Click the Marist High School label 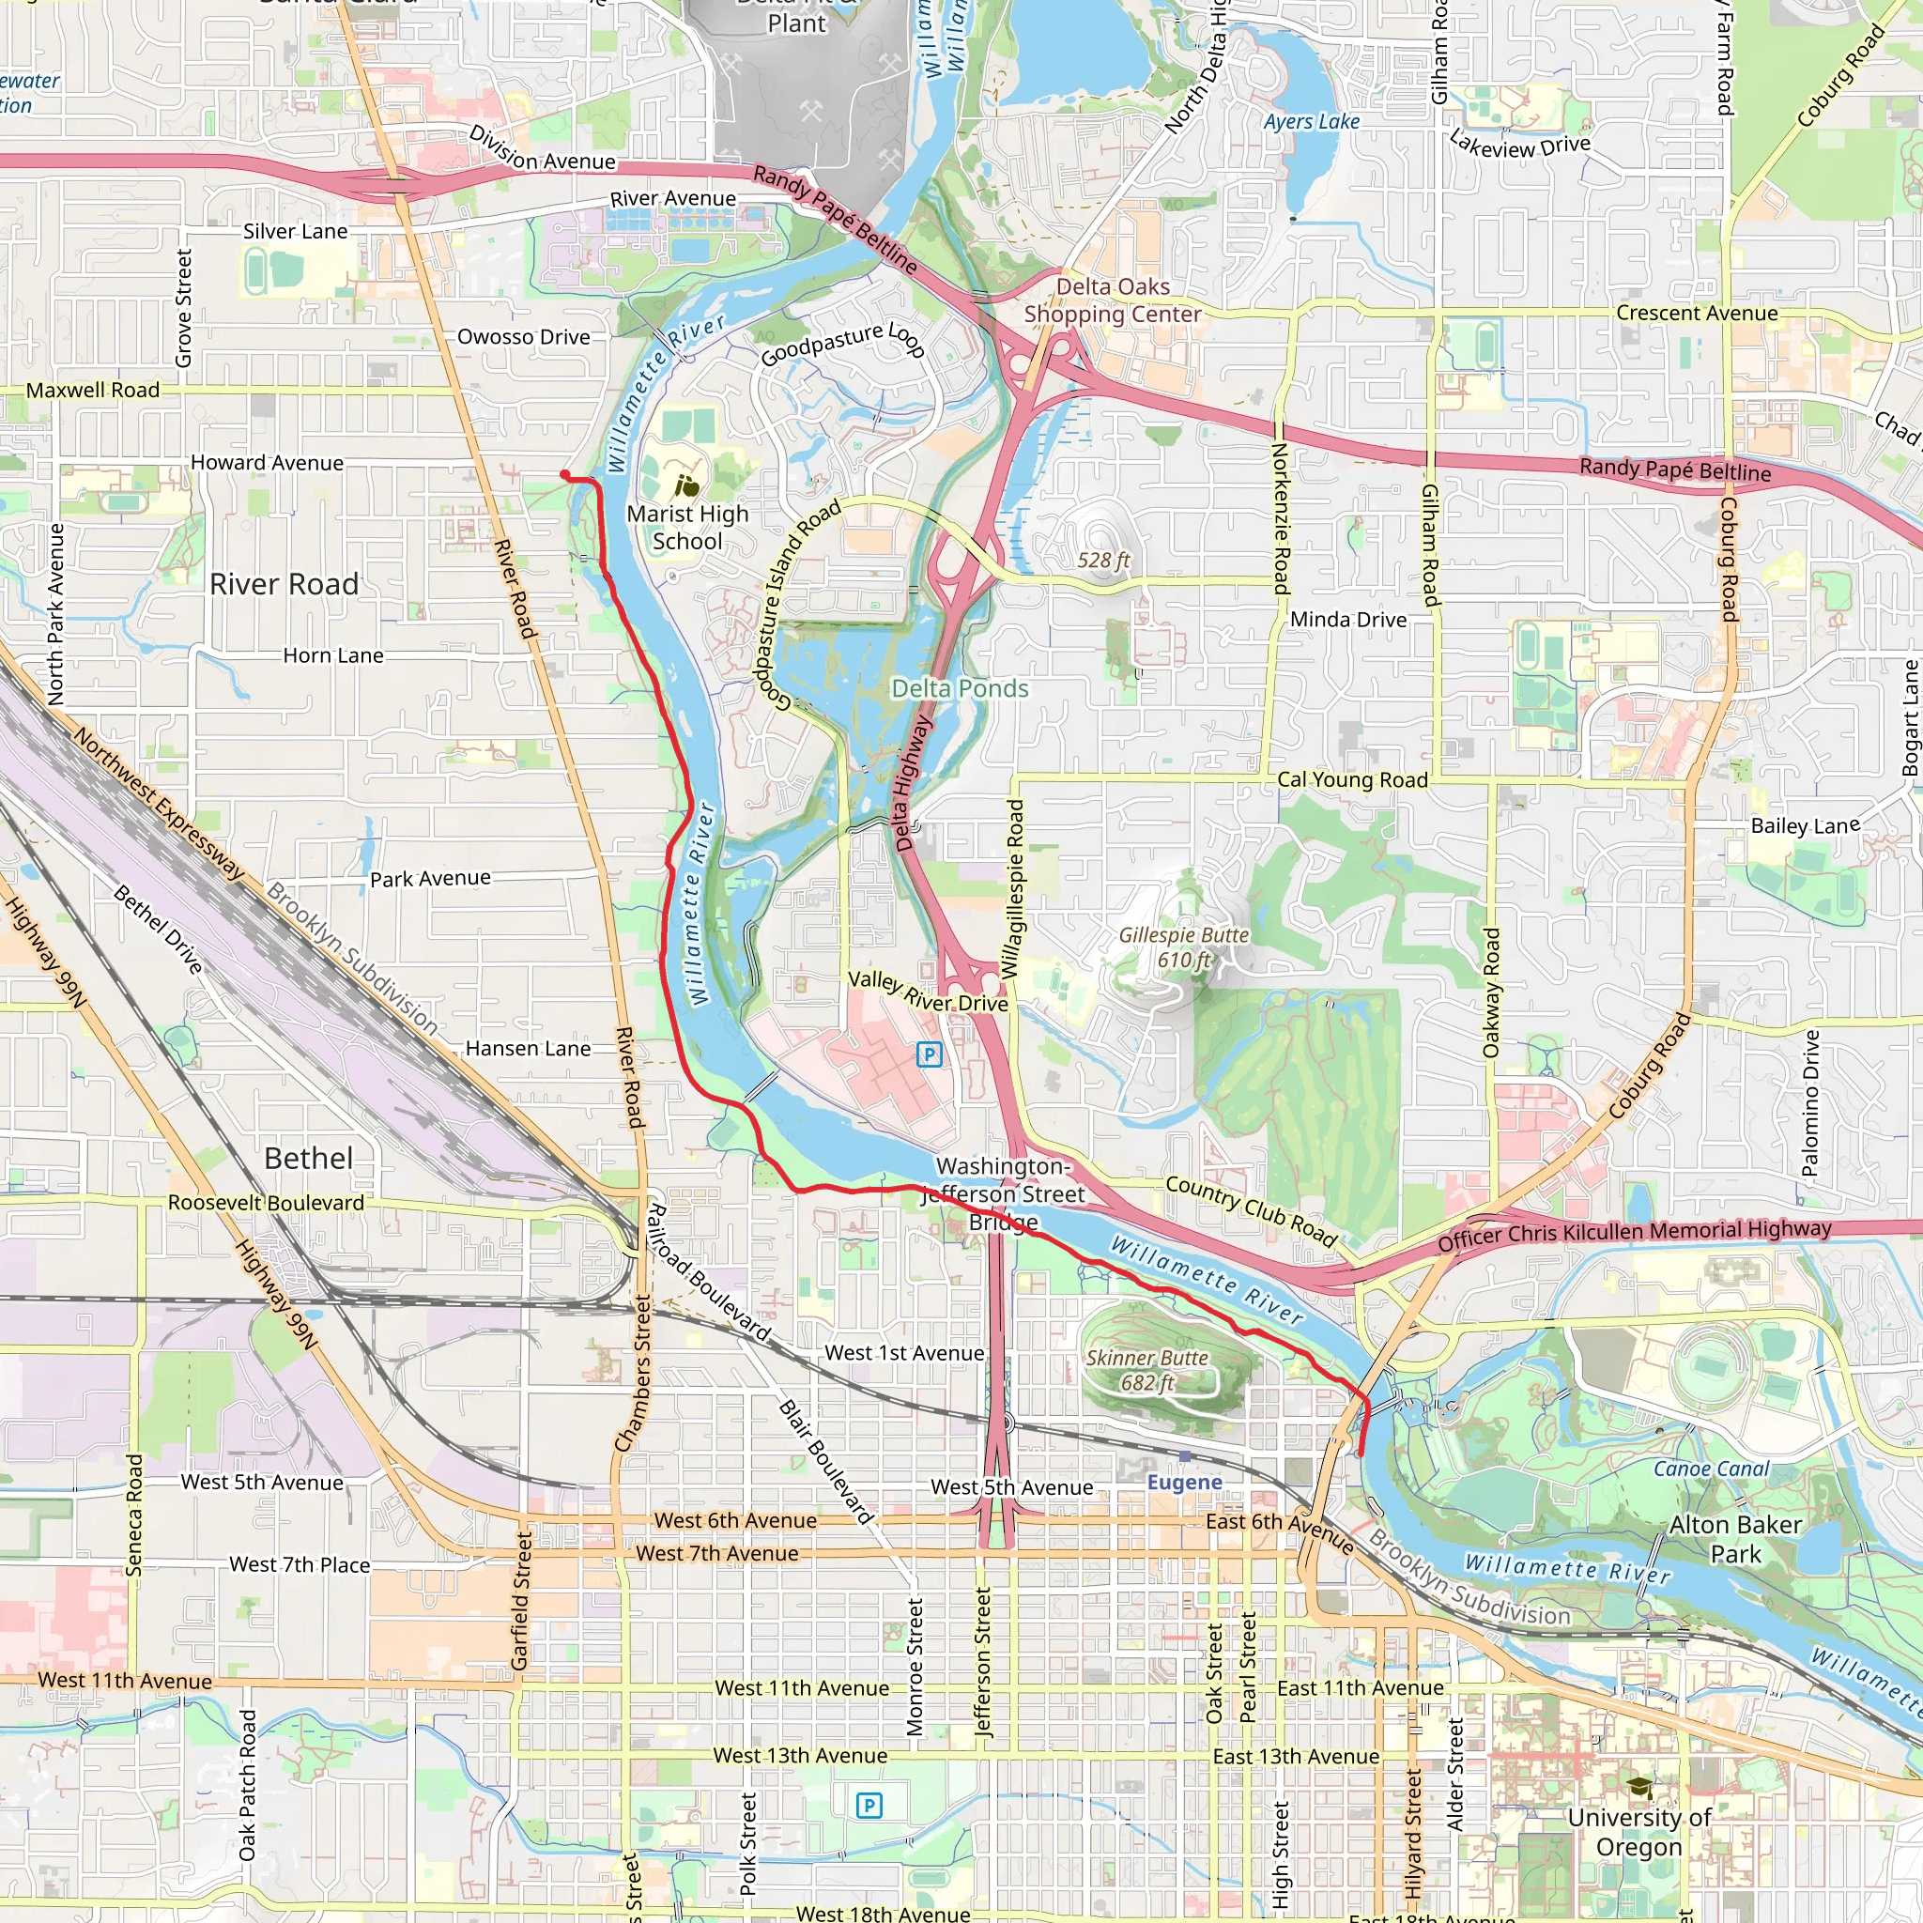click(686, 528)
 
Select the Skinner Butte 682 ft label click(1146, 1370)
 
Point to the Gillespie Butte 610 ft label click(1183, 947)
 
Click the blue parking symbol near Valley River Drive click(929, 1054)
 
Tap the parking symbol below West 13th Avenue click(869, 1806)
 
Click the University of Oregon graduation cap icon click(1638, 1789)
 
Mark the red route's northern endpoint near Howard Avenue click(564, 475)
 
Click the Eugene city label click(1184, 1482)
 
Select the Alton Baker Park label click(1736, 1539)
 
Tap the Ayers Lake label click(1311, 121)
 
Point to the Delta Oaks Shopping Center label click(1113, 300)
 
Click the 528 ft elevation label click(1103, 561)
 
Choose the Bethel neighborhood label click(309, 1158)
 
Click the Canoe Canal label click(1711, 1469)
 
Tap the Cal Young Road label click(1352, 779)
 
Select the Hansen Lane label click(528, 1048)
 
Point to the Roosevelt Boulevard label click(266, 1203)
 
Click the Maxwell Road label click(93, 391)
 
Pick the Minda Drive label click(1347, 619)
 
